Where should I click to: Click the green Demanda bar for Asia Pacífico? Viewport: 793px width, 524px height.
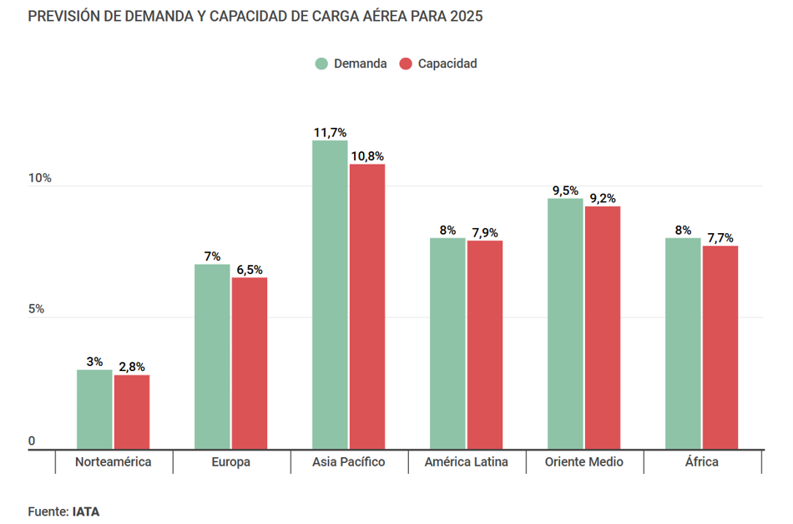click(330, 295)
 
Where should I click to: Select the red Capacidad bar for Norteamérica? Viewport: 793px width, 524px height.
click(132, 412)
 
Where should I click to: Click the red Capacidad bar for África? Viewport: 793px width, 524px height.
click(720, 347)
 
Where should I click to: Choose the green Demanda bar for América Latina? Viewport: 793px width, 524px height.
click(447, 343)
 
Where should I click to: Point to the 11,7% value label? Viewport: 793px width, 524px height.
click(330, 132)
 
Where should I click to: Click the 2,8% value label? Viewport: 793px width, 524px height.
click(132, 367)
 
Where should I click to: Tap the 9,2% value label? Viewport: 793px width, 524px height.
click(603, 198)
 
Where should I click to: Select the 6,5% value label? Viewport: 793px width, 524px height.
click(249, 269)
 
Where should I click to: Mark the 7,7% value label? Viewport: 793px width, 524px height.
click(720, 237)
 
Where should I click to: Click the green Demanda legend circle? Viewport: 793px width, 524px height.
click(321, 64)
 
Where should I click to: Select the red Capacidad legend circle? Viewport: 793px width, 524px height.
click(406, 64)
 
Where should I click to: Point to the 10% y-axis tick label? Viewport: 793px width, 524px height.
click(40, 179)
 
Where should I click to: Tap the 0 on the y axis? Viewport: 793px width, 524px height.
click(32, 441)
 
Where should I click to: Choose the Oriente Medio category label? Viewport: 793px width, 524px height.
click(583, 462)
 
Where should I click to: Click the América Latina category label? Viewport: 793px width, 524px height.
click(466, 462)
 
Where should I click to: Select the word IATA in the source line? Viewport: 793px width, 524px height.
click(86, 511)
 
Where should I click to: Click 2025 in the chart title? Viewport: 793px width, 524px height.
click(465, 17)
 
